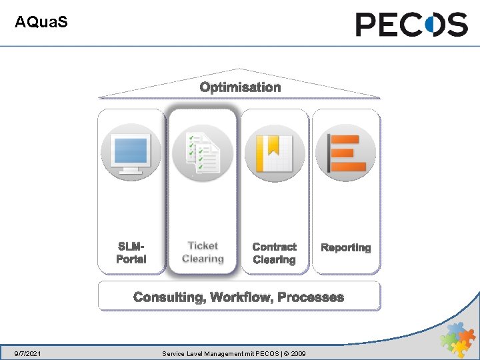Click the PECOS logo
point(411,25)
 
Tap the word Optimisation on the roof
point(240,87)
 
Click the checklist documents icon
point(203,153)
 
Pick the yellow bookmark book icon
point(275,153)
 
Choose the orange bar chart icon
point(345,153)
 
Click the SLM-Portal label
point(131,253)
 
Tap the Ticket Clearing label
point(203,253)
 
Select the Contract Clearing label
point(275,253)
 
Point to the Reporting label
point(345,247)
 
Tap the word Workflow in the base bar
point(241,297)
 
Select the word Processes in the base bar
point(311,297)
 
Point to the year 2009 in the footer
point(297,353)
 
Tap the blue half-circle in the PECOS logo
point(435,25)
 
